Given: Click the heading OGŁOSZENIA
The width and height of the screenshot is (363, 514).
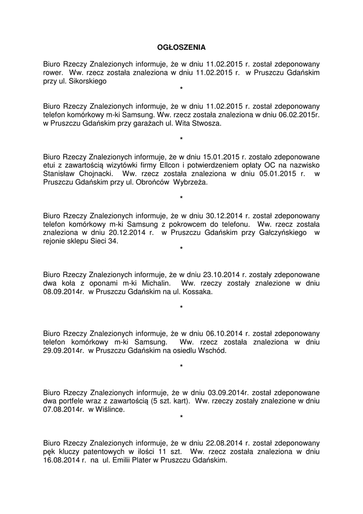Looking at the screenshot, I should coord(181,48).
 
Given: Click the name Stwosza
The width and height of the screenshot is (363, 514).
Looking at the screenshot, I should coord(206,123).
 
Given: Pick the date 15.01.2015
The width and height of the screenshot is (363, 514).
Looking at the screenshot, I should coord(223,157).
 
